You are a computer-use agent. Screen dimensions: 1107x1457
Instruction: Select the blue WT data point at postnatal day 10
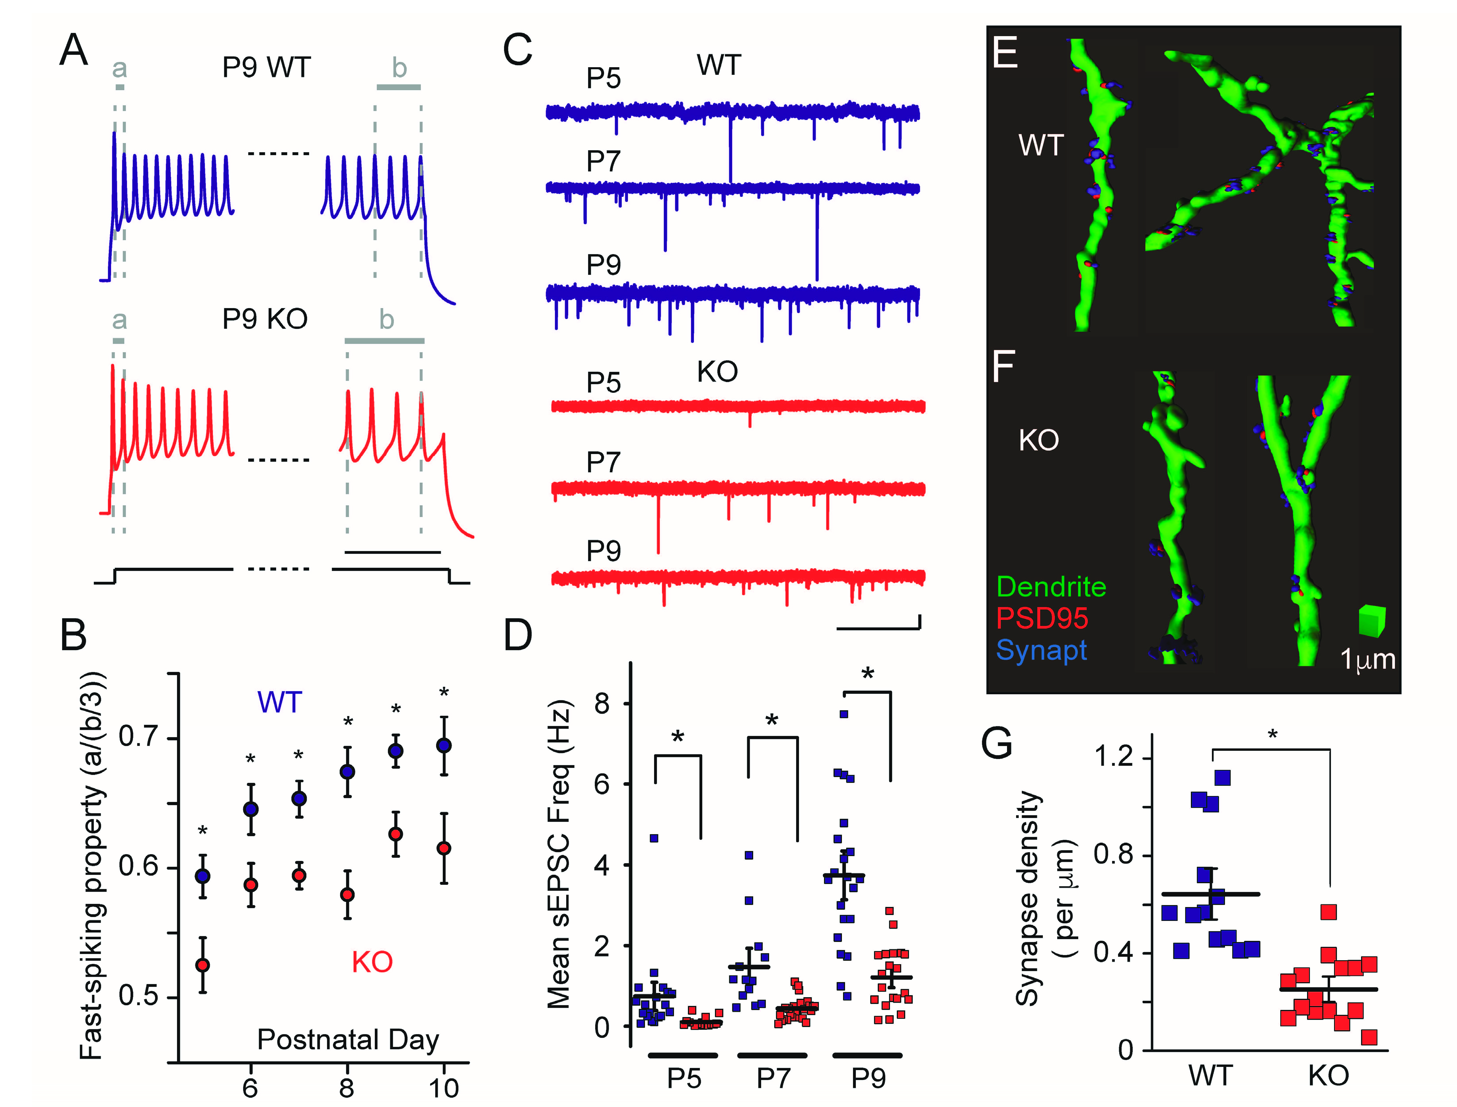pos(444,745)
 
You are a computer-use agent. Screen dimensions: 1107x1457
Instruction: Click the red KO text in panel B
pos(372,962)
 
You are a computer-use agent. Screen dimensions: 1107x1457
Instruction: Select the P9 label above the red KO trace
pos(603,550)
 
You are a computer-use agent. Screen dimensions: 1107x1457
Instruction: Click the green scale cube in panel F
pos(1372,621)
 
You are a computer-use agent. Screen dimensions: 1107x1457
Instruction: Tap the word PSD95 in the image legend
pos(1042,618)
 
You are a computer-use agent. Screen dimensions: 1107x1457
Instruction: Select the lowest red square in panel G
pos(1369,1037)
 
